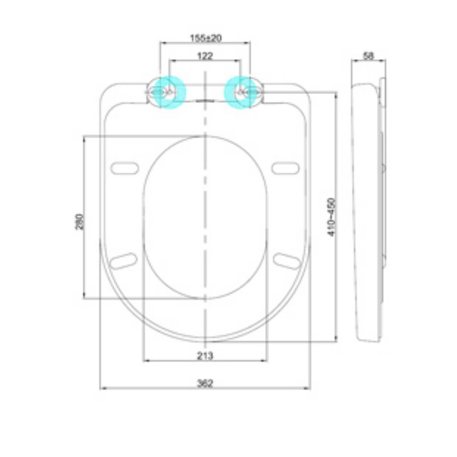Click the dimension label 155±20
(205, 38)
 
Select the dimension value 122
(205, 56)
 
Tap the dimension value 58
(369, 56)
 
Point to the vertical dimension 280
(79, 221)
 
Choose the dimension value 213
(205, 356)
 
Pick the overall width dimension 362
(205, 383)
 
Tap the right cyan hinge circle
(240, 92)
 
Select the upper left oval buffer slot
(124, 168)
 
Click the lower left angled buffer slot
(124, 260)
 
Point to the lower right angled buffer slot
(286, 260)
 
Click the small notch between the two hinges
(205, 100)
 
